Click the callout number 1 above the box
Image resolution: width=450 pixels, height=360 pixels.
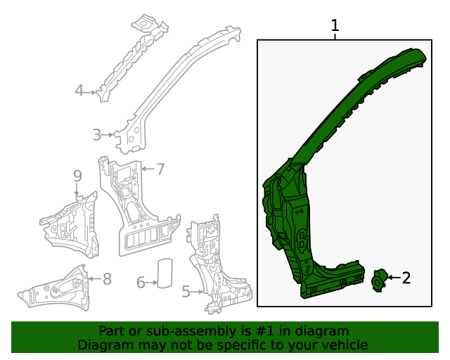(x=335, y=26)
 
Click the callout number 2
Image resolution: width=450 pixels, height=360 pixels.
(x=406, y=278)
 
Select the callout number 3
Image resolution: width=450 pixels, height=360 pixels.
(x=97, y=134)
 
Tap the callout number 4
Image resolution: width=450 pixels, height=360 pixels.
(x=79, y=90)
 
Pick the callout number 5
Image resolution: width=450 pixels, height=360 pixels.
(x=186, y=291)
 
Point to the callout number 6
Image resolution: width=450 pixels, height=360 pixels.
(x=141, y=283)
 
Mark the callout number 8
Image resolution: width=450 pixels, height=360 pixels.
(x=107, y=279)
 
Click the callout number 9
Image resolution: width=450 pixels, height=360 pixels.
(x=77, y=175)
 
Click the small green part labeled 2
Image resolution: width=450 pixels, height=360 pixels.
(x=378, y=280)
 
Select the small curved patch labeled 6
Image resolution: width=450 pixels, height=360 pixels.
(x=165, y=274)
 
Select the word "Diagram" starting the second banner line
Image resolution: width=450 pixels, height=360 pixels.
(x=103, y=345)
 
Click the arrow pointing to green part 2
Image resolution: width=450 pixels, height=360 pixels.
(x=394, y=278)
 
